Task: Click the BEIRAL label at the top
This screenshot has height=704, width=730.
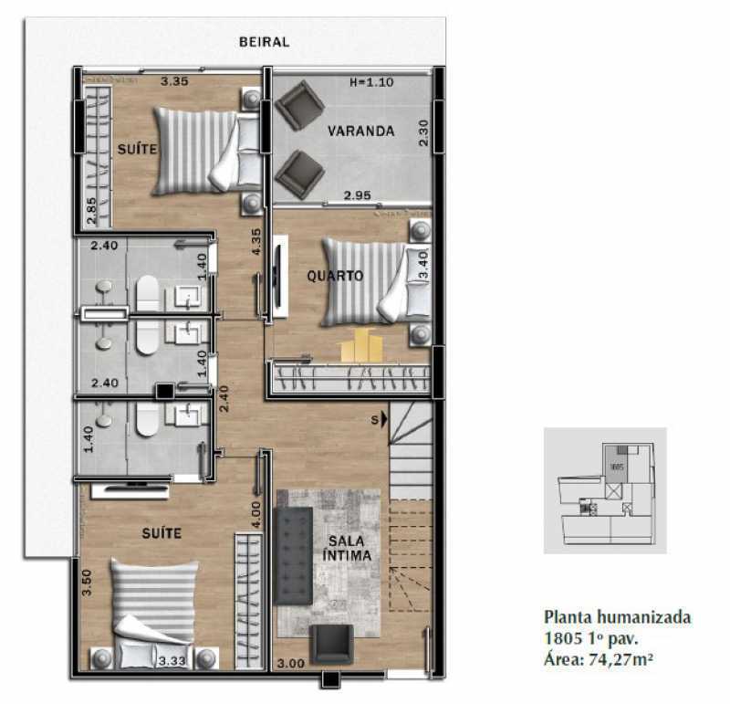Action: (264, 42)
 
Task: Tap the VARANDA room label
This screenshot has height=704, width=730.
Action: (361, 131)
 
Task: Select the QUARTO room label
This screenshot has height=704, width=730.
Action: (335, 275)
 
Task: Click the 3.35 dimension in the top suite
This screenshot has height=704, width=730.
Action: (174, 82)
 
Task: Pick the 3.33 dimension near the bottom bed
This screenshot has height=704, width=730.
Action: (172, 661)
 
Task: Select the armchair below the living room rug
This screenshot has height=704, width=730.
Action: (329, 645)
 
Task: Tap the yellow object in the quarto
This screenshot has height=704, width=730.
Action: (360, 346)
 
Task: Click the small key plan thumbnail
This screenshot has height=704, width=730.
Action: (604, 490)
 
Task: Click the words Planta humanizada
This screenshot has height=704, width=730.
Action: (617, 617)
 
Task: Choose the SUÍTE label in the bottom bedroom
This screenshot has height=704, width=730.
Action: (162, 531)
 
